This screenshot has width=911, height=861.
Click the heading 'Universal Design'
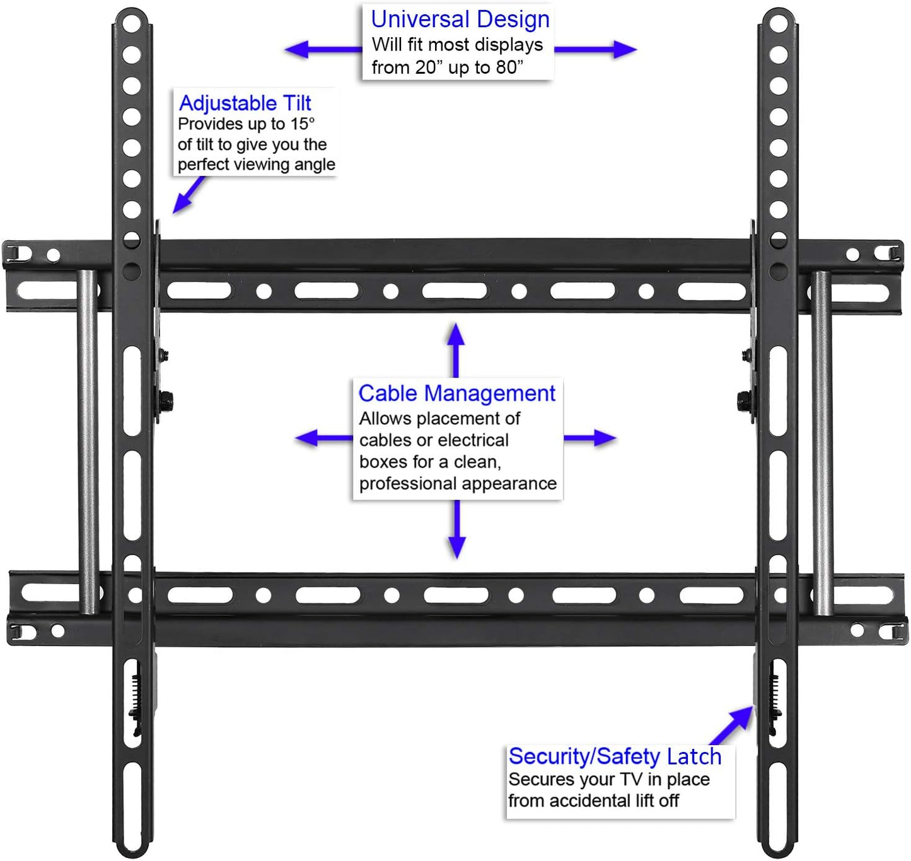pos(460,20)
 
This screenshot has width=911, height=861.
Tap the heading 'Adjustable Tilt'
pos(245,103)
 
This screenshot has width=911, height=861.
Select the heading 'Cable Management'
pos(457,394)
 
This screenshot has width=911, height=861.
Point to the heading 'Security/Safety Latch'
pos(615,756)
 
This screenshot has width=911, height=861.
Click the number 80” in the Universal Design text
pos(509,67)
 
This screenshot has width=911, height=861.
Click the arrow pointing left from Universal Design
pos(323,50)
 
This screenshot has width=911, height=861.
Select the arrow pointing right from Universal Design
pos(596,50)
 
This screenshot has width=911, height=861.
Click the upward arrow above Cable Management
pos(456,350)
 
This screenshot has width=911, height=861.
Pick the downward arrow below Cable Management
pos(457,529)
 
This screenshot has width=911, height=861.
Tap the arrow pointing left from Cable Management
pos(324,438)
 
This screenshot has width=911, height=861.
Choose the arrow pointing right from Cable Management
pos(590,438)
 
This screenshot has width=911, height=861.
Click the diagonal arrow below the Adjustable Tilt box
pos(189,195)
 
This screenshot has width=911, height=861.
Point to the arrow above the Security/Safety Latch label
pos(731,725)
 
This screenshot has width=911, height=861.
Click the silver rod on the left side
pos(88,442)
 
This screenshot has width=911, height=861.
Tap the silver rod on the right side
pos(822,443)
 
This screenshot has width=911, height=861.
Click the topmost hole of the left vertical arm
pos(132,23)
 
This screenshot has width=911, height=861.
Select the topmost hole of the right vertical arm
pos(779,23)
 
